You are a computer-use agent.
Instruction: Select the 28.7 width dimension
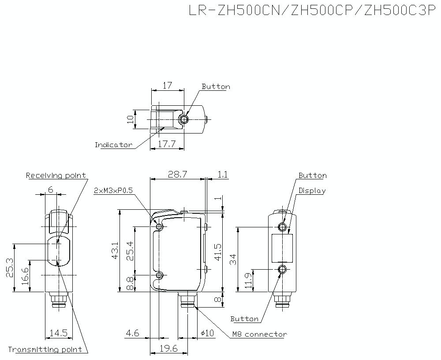coord(178,174)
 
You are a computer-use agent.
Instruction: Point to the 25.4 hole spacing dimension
coord(130,251)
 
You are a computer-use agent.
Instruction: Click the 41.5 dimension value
coord(217,251)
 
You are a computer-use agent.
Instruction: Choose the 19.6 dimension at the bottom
coord(168,349)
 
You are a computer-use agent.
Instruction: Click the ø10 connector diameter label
coord(207,333)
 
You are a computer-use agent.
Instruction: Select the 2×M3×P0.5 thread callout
coord(113,190)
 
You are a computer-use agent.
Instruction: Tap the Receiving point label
coord(56,175)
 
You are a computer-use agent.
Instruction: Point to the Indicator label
coord(113,145)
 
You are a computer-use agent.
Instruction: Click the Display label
coord(312,191)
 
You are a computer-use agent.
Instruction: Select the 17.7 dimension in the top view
coord(167,144)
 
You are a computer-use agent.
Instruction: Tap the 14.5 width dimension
coord(59,333)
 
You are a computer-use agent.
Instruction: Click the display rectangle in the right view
coord(283,248)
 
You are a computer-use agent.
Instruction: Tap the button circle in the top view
coord(184,119)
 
